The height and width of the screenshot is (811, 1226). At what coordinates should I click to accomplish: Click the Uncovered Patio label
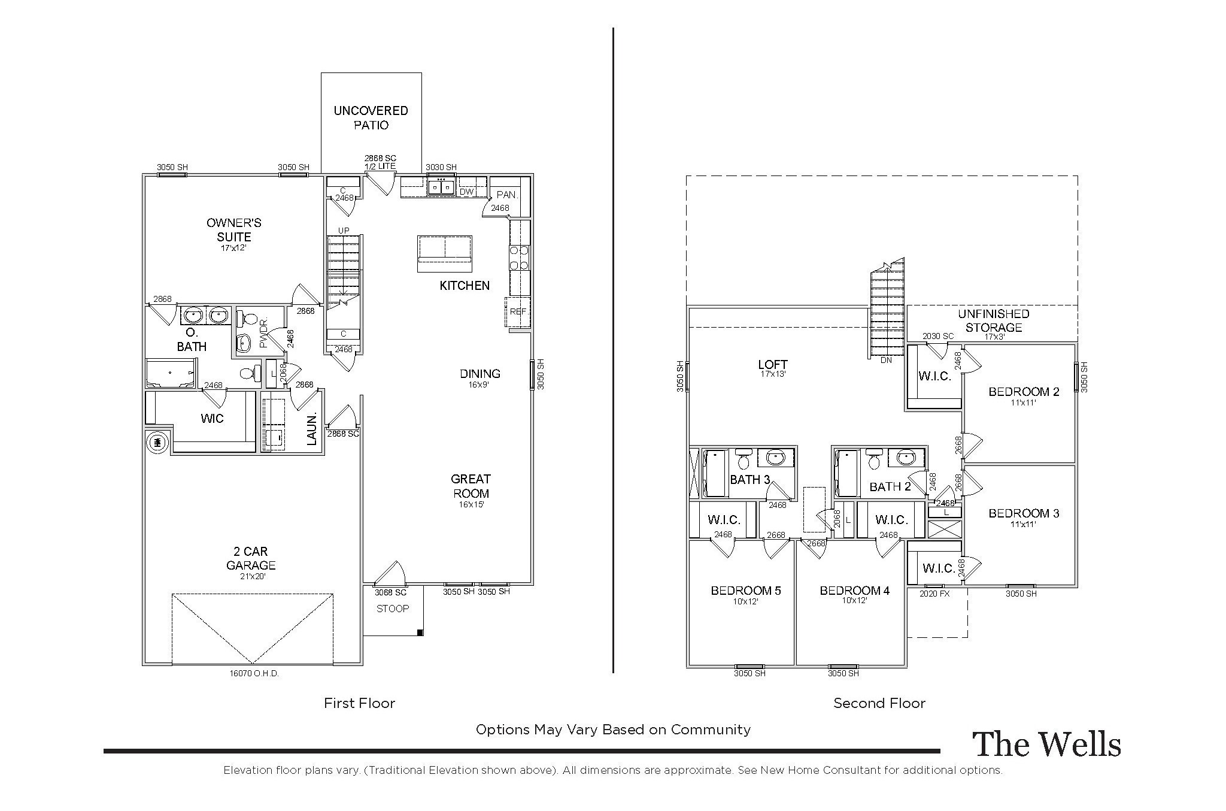tap(371, 117)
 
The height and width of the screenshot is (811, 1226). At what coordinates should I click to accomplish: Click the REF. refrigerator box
tap(518, 312)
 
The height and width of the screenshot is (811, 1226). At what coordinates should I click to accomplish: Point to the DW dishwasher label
tap(466, 192)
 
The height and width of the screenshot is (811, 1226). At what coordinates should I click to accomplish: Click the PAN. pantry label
tap(506, 195)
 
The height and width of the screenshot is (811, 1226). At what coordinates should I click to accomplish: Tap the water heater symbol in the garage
tap(158, 443)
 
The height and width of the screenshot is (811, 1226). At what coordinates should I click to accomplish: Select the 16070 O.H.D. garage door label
tap(254, 673)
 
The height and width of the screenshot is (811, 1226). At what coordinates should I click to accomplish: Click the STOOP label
tap(393, 609)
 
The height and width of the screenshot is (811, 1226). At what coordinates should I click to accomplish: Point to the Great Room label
tap(471, 486)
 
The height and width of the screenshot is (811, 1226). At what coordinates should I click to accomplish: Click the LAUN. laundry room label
tap(311, 429)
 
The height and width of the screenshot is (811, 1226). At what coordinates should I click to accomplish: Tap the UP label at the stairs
tap(344, 231)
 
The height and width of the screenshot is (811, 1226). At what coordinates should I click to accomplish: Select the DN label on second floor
tap(887, 361)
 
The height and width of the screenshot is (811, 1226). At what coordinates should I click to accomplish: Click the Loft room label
tap(773, 364)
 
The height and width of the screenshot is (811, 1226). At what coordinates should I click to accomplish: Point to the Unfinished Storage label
tap(993, 320)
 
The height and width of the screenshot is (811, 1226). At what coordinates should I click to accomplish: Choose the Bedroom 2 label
tap(1024, 392)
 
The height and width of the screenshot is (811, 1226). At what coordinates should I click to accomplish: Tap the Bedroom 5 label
tap(745, 591)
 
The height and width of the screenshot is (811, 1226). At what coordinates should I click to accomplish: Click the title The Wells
tap(1046, 744)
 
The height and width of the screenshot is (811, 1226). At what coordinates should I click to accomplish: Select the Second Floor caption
tap(879, 703)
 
